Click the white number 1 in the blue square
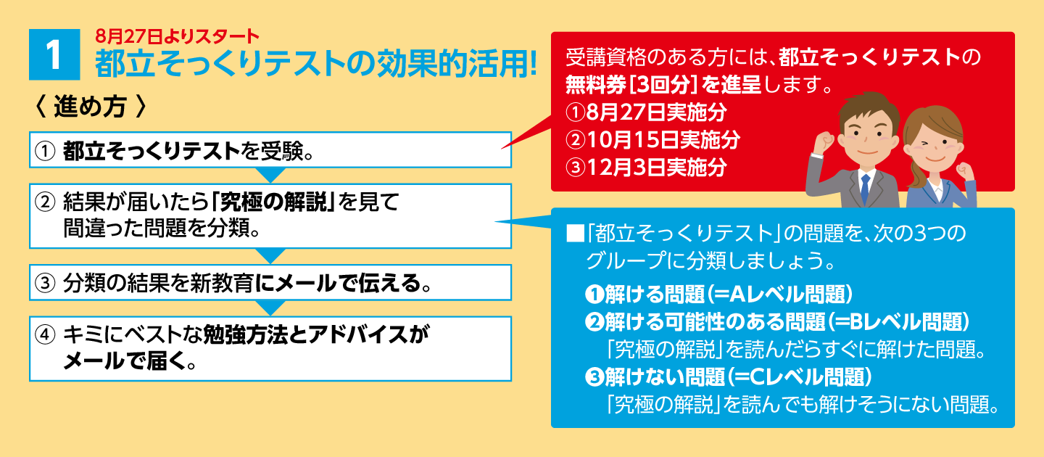point(54,55)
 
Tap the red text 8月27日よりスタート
point(177,36)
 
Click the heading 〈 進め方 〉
point(91,107)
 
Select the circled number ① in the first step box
point(45,152)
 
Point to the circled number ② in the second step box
point(45,202)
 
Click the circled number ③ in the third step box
point(45,283)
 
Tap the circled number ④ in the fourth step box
point(45,335)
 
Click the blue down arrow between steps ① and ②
point(270,175)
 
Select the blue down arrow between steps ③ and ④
point(270,308)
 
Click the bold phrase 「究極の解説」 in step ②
point(273,202)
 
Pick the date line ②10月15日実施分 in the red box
point(652,139)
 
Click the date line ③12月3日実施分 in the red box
point(646,167)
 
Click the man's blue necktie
point(865,188)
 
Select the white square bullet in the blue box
point(575,234)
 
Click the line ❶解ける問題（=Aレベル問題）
point(719,294)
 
